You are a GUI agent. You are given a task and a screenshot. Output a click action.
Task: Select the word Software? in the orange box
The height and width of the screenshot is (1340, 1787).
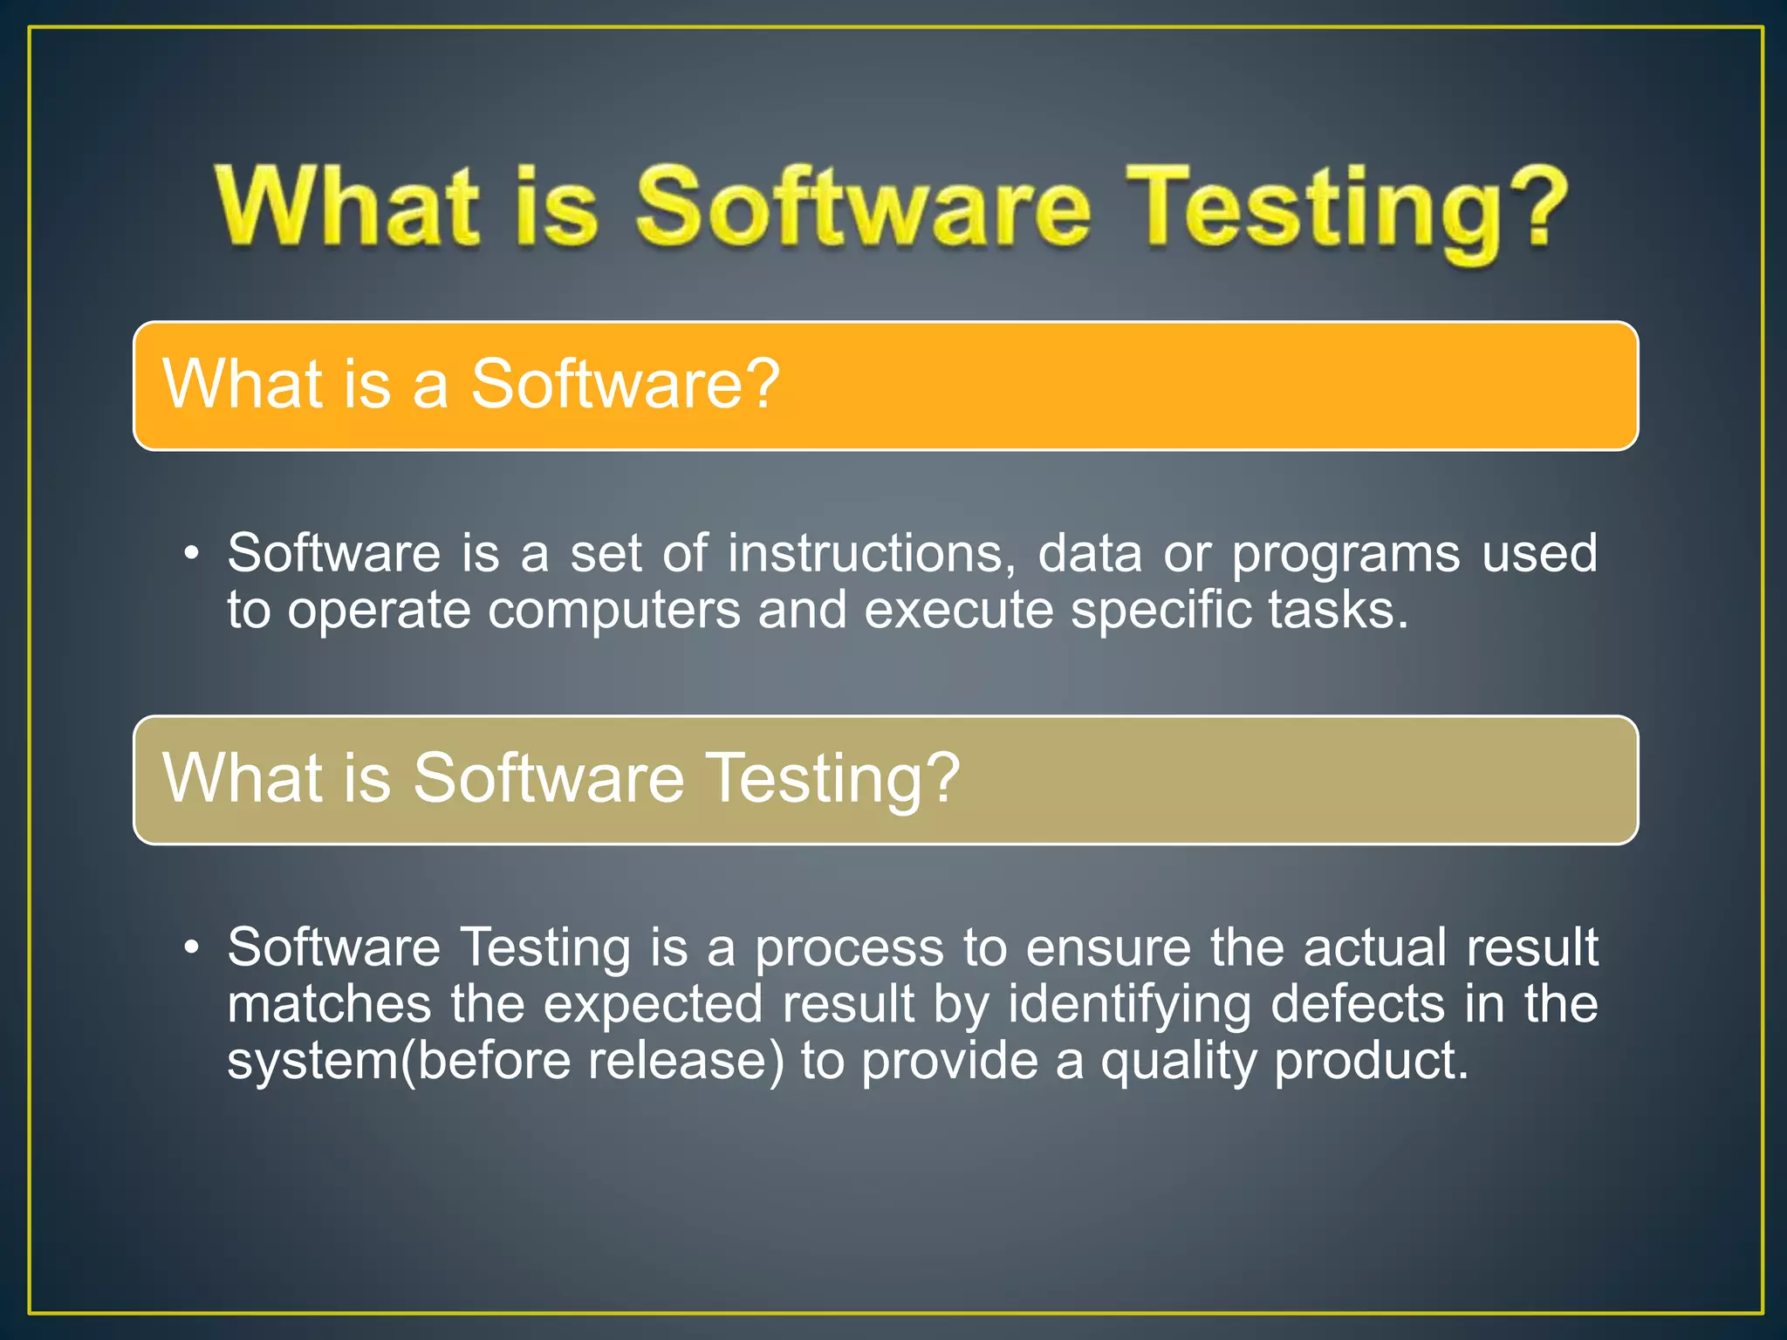click(x=625, y=384)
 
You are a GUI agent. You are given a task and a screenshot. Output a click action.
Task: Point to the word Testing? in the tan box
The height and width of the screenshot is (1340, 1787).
click(x=832, y=778)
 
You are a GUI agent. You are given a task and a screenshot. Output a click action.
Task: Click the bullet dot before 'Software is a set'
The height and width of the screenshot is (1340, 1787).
click(x=192, y=555)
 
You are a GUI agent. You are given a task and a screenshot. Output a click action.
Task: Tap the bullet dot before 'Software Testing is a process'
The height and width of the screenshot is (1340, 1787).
click(x=192, y=948)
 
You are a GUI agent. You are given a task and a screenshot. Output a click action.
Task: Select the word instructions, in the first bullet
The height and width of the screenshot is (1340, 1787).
click(x=872, y=553)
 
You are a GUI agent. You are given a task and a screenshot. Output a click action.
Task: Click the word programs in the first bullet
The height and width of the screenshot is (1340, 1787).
click(x=1345, y=555)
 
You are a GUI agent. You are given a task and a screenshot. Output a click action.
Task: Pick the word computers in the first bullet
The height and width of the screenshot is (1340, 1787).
click(x=613, y=610)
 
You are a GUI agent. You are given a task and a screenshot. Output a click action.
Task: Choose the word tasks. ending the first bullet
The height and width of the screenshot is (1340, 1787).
click(x=1339, y=610)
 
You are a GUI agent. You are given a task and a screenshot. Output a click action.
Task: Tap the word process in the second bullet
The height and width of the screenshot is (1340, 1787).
click(x=849, y=948)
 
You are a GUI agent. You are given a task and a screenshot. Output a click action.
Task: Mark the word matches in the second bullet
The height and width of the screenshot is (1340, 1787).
click(x=329, y=1004)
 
